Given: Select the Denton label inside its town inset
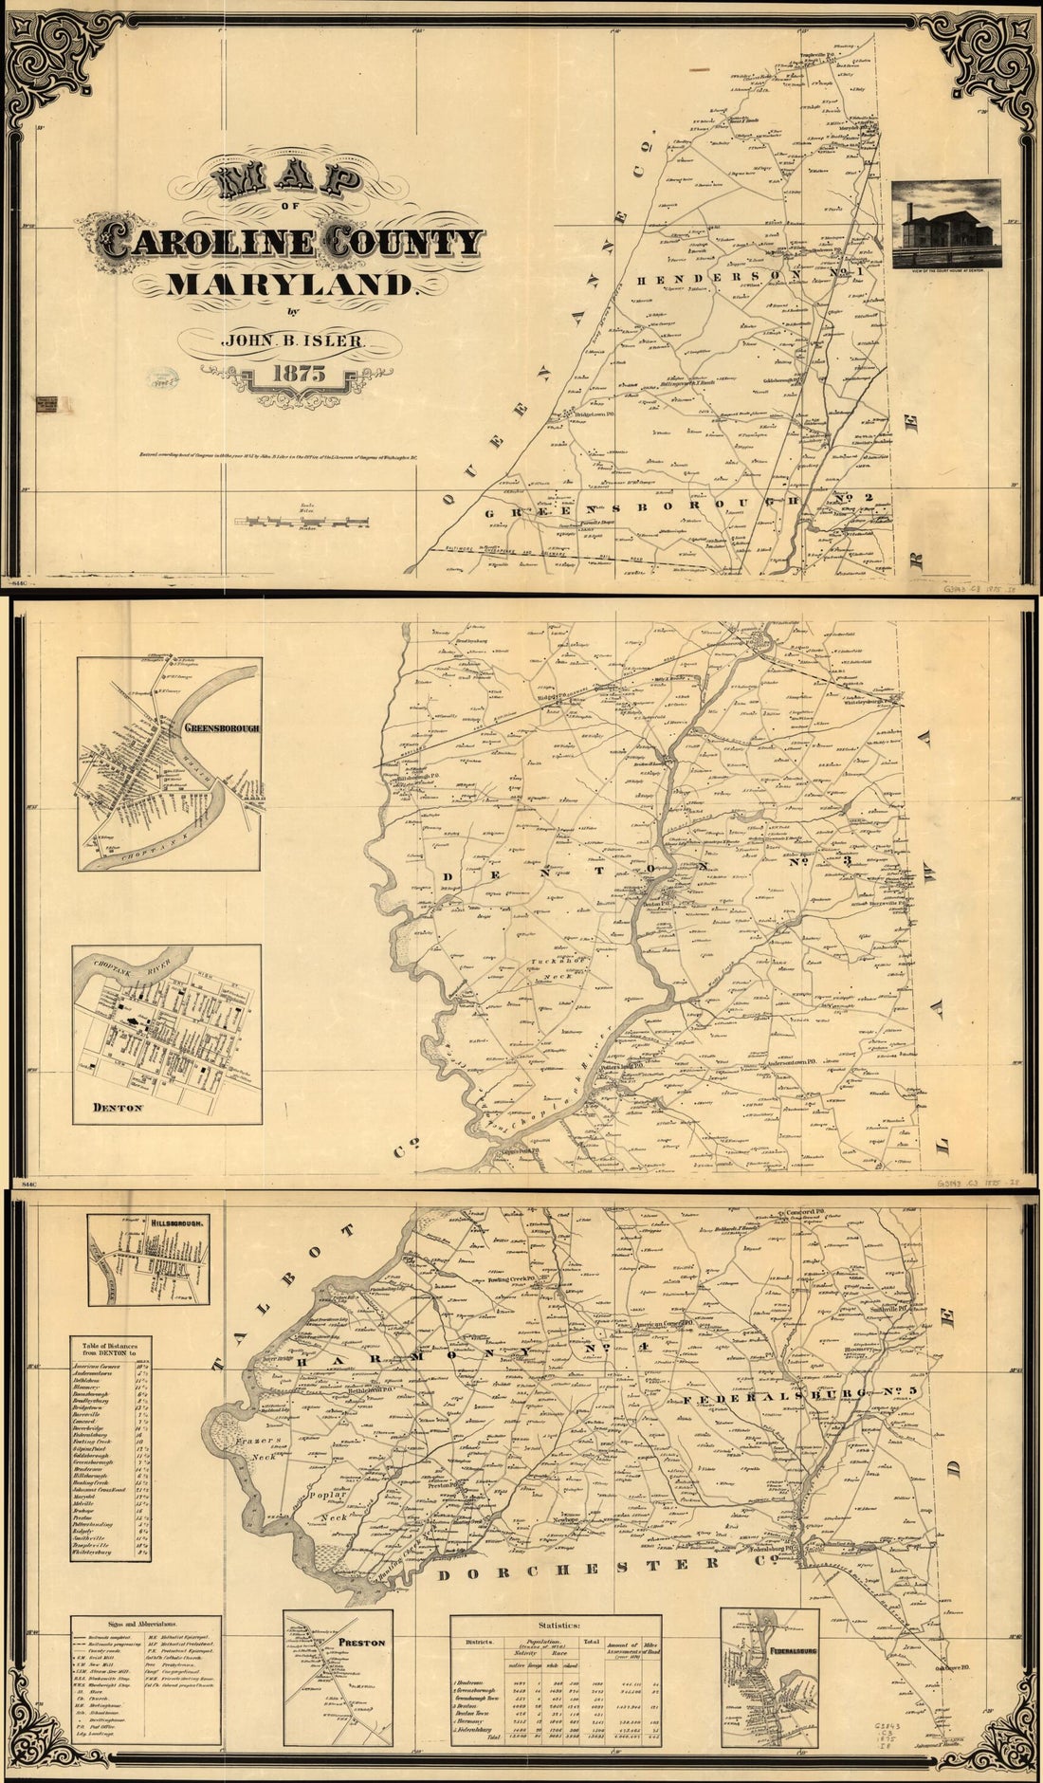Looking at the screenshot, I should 116,1106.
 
